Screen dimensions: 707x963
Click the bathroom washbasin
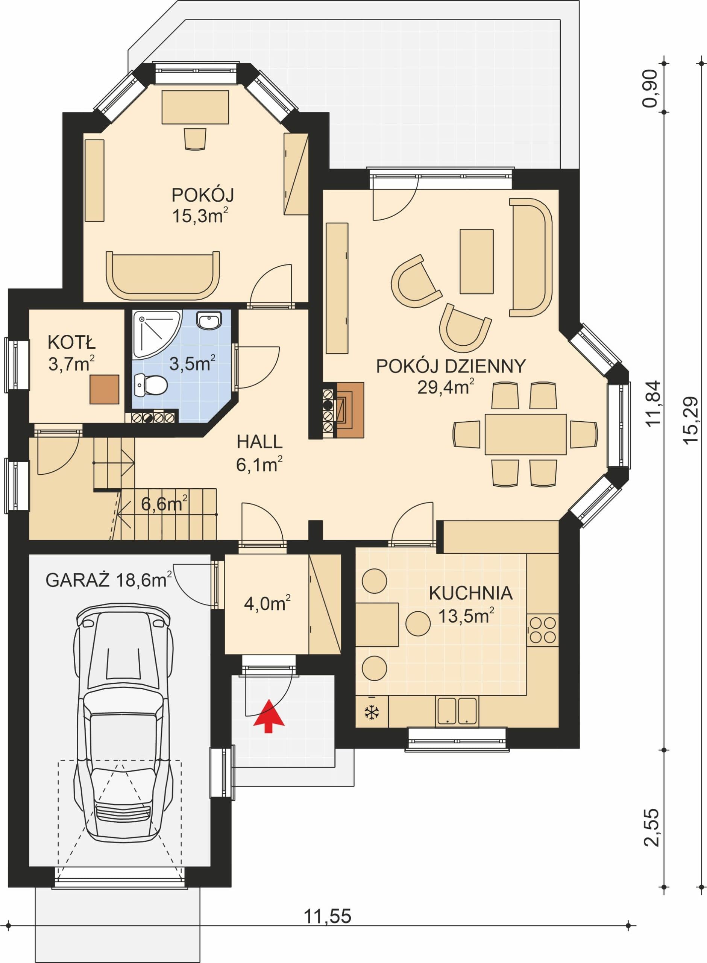click(x=209, y=320)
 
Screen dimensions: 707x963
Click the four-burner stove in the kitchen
click(x=543, y=630)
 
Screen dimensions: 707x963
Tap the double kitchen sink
click(x=457, y=711)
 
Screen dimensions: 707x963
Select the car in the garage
click(x=123, y=721)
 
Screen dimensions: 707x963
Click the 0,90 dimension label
click(x=650, y=89)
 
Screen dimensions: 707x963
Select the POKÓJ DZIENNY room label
click(x=451, y=366)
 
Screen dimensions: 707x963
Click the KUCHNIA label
click(x=471, y=593)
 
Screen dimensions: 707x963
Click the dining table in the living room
click(x=525, y=434)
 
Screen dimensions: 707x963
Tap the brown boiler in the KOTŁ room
click(x=105, y=389)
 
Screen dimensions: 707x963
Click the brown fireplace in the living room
click(x=350, y=410)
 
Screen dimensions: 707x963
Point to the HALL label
click(x=260, y=442)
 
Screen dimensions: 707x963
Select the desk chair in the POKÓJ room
click(x=195, y=139)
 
